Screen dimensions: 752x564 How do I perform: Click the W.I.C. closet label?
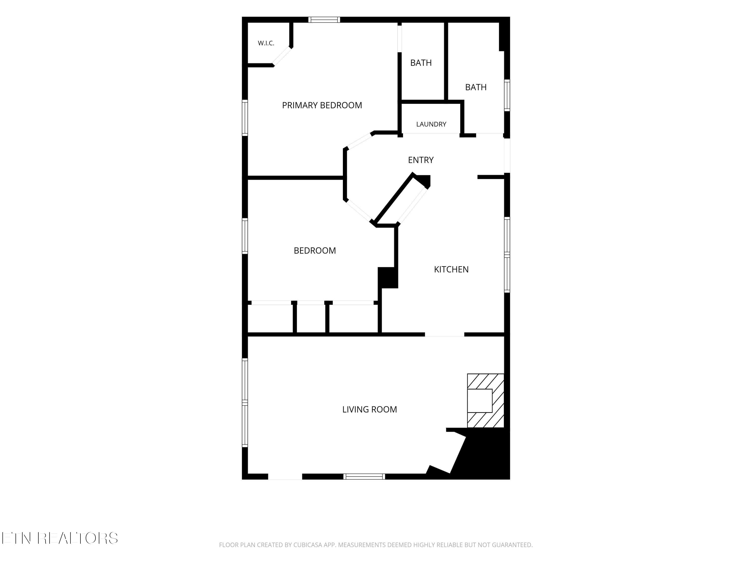(x=266, y=43)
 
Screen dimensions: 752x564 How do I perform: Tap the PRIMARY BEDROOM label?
(x=322, y=105)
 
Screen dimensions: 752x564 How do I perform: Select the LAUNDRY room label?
(x=431, y=124)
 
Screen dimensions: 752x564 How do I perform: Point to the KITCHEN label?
(x=451, y=269)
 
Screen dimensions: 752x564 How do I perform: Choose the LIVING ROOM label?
(x=369, y=409)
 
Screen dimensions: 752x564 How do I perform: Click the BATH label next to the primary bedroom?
(x=421, y=63)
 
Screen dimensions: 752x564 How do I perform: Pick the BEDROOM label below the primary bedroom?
(x=315, y=251)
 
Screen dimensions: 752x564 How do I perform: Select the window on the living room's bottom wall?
(x=364, y=476)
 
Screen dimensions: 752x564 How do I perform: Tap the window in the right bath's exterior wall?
(x=507, y=95)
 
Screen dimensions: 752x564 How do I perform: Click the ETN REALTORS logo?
(x=60, y=538)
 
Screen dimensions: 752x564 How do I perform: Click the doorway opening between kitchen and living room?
(x=445, y=335)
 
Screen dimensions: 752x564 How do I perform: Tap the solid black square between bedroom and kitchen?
(x=388, y=278)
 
